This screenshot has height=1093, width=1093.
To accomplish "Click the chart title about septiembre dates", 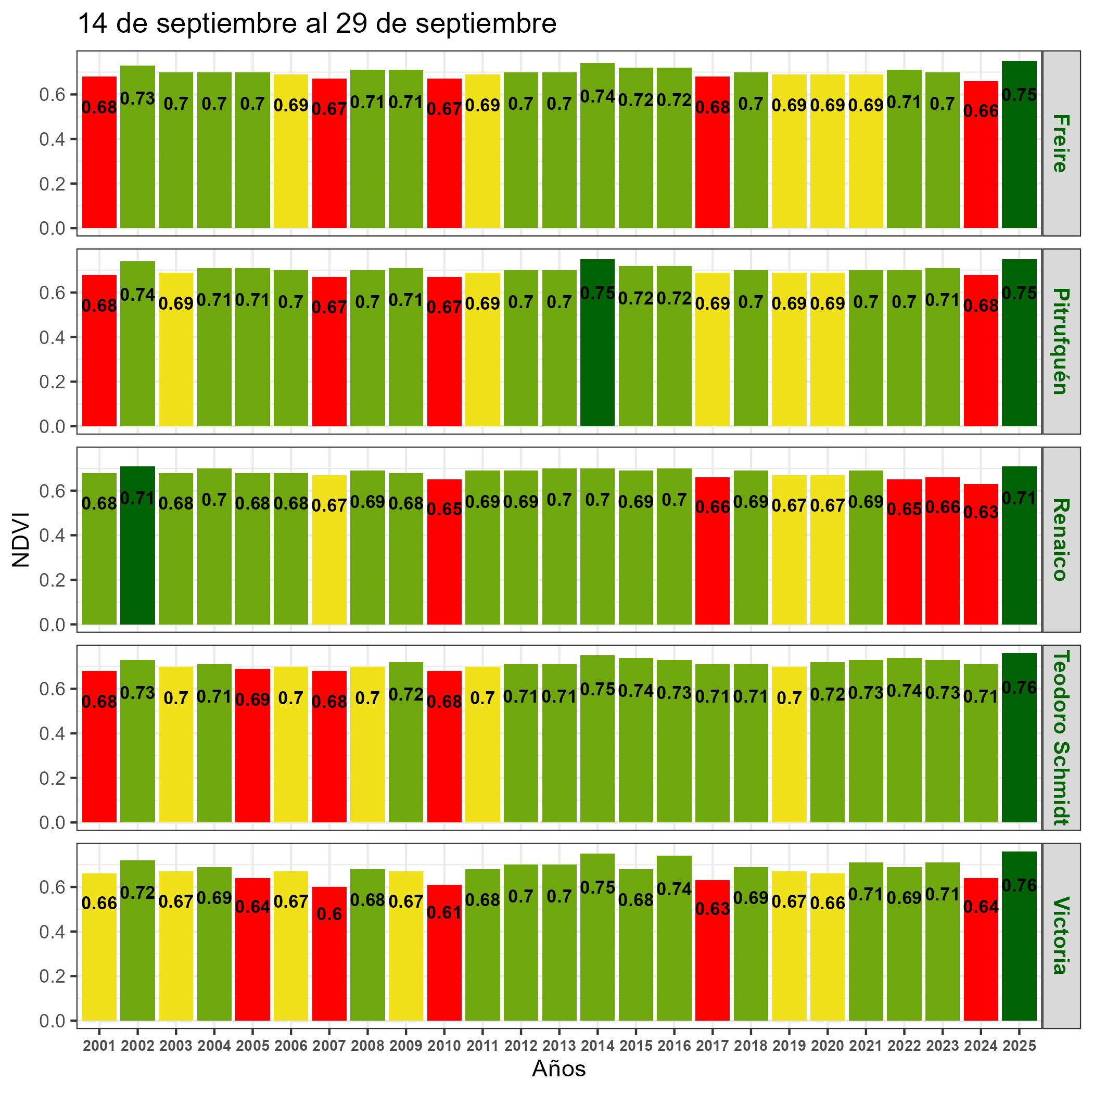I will pyautogui.click(x=317, y=24).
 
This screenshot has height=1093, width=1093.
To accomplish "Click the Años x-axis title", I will pyautogui.click(x=558, y=1068).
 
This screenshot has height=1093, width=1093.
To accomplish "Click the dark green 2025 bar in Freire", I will pyautogui.click(x=1019, y=158).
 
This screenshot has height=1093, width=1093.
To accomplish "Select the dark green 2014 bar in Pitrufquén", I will pyautogui.click(x=598, y=362).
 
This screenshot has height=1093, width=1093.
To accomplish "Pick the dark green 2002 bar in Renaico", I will pyautogui.click(x=137, y=560).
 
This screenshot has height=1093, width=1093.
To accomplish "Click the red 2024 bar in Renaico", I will pyautogui.click(x=981, y=566).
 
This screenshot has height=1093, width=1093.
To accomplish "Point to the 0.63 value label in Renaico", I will pyautogui.click(x=981, y=512).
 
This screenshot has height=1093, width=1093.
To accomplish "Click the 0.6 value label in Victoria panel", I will pyautogui.click(x=329, y=915).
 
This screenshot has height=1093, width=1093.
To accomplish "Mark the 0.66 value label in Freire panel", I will pyautogui.click(x=981, y=111).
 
